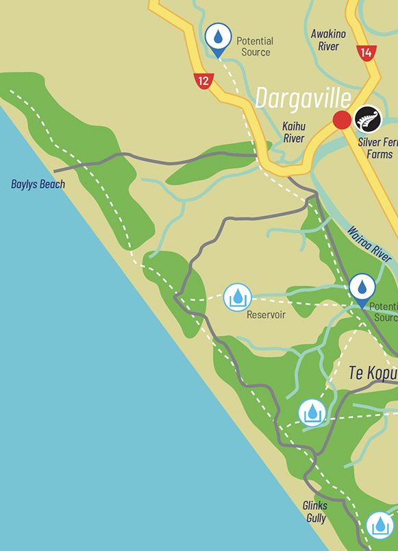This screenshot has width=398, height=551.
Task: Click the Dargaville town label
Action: pos(303,98)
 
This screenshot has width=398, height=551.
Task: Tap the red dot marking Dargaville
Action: pos(342,121)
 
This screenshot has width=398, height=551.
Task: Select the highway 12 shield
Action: pos(203,81)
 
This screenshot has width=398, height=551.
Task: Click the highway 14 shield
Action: pos(366,52)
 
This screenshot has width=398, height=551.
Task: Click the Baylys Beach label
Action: pos(38,184)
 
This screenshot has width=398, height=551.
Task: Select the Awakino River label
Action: pos(328,40)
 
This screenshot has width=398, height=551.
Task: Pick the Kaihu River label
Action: pos(293,132)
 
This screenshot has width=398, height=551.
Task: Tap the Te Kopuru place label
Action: pos(373,374)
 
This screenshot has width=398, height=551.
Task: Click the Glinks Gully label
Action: pos(315,511)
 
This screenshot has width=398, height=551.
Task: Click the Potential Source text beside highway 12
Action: pos(255,47)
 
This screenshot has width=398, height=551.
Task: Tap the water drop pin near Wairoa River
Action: pos(362,288)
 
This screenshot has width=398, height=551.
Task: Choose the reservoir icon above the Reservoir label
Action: pos(238,297)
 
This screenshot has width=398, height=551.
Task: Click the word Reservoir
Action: pos(266,315)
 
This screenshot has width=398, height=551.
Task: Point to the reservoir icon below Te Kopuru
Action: pos(312,413)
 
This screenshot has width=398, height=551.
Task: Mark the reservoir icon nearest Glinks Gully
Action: pos(380,526)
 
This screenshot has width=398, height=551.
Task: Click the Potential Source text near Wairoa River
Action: pos(383,312)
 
